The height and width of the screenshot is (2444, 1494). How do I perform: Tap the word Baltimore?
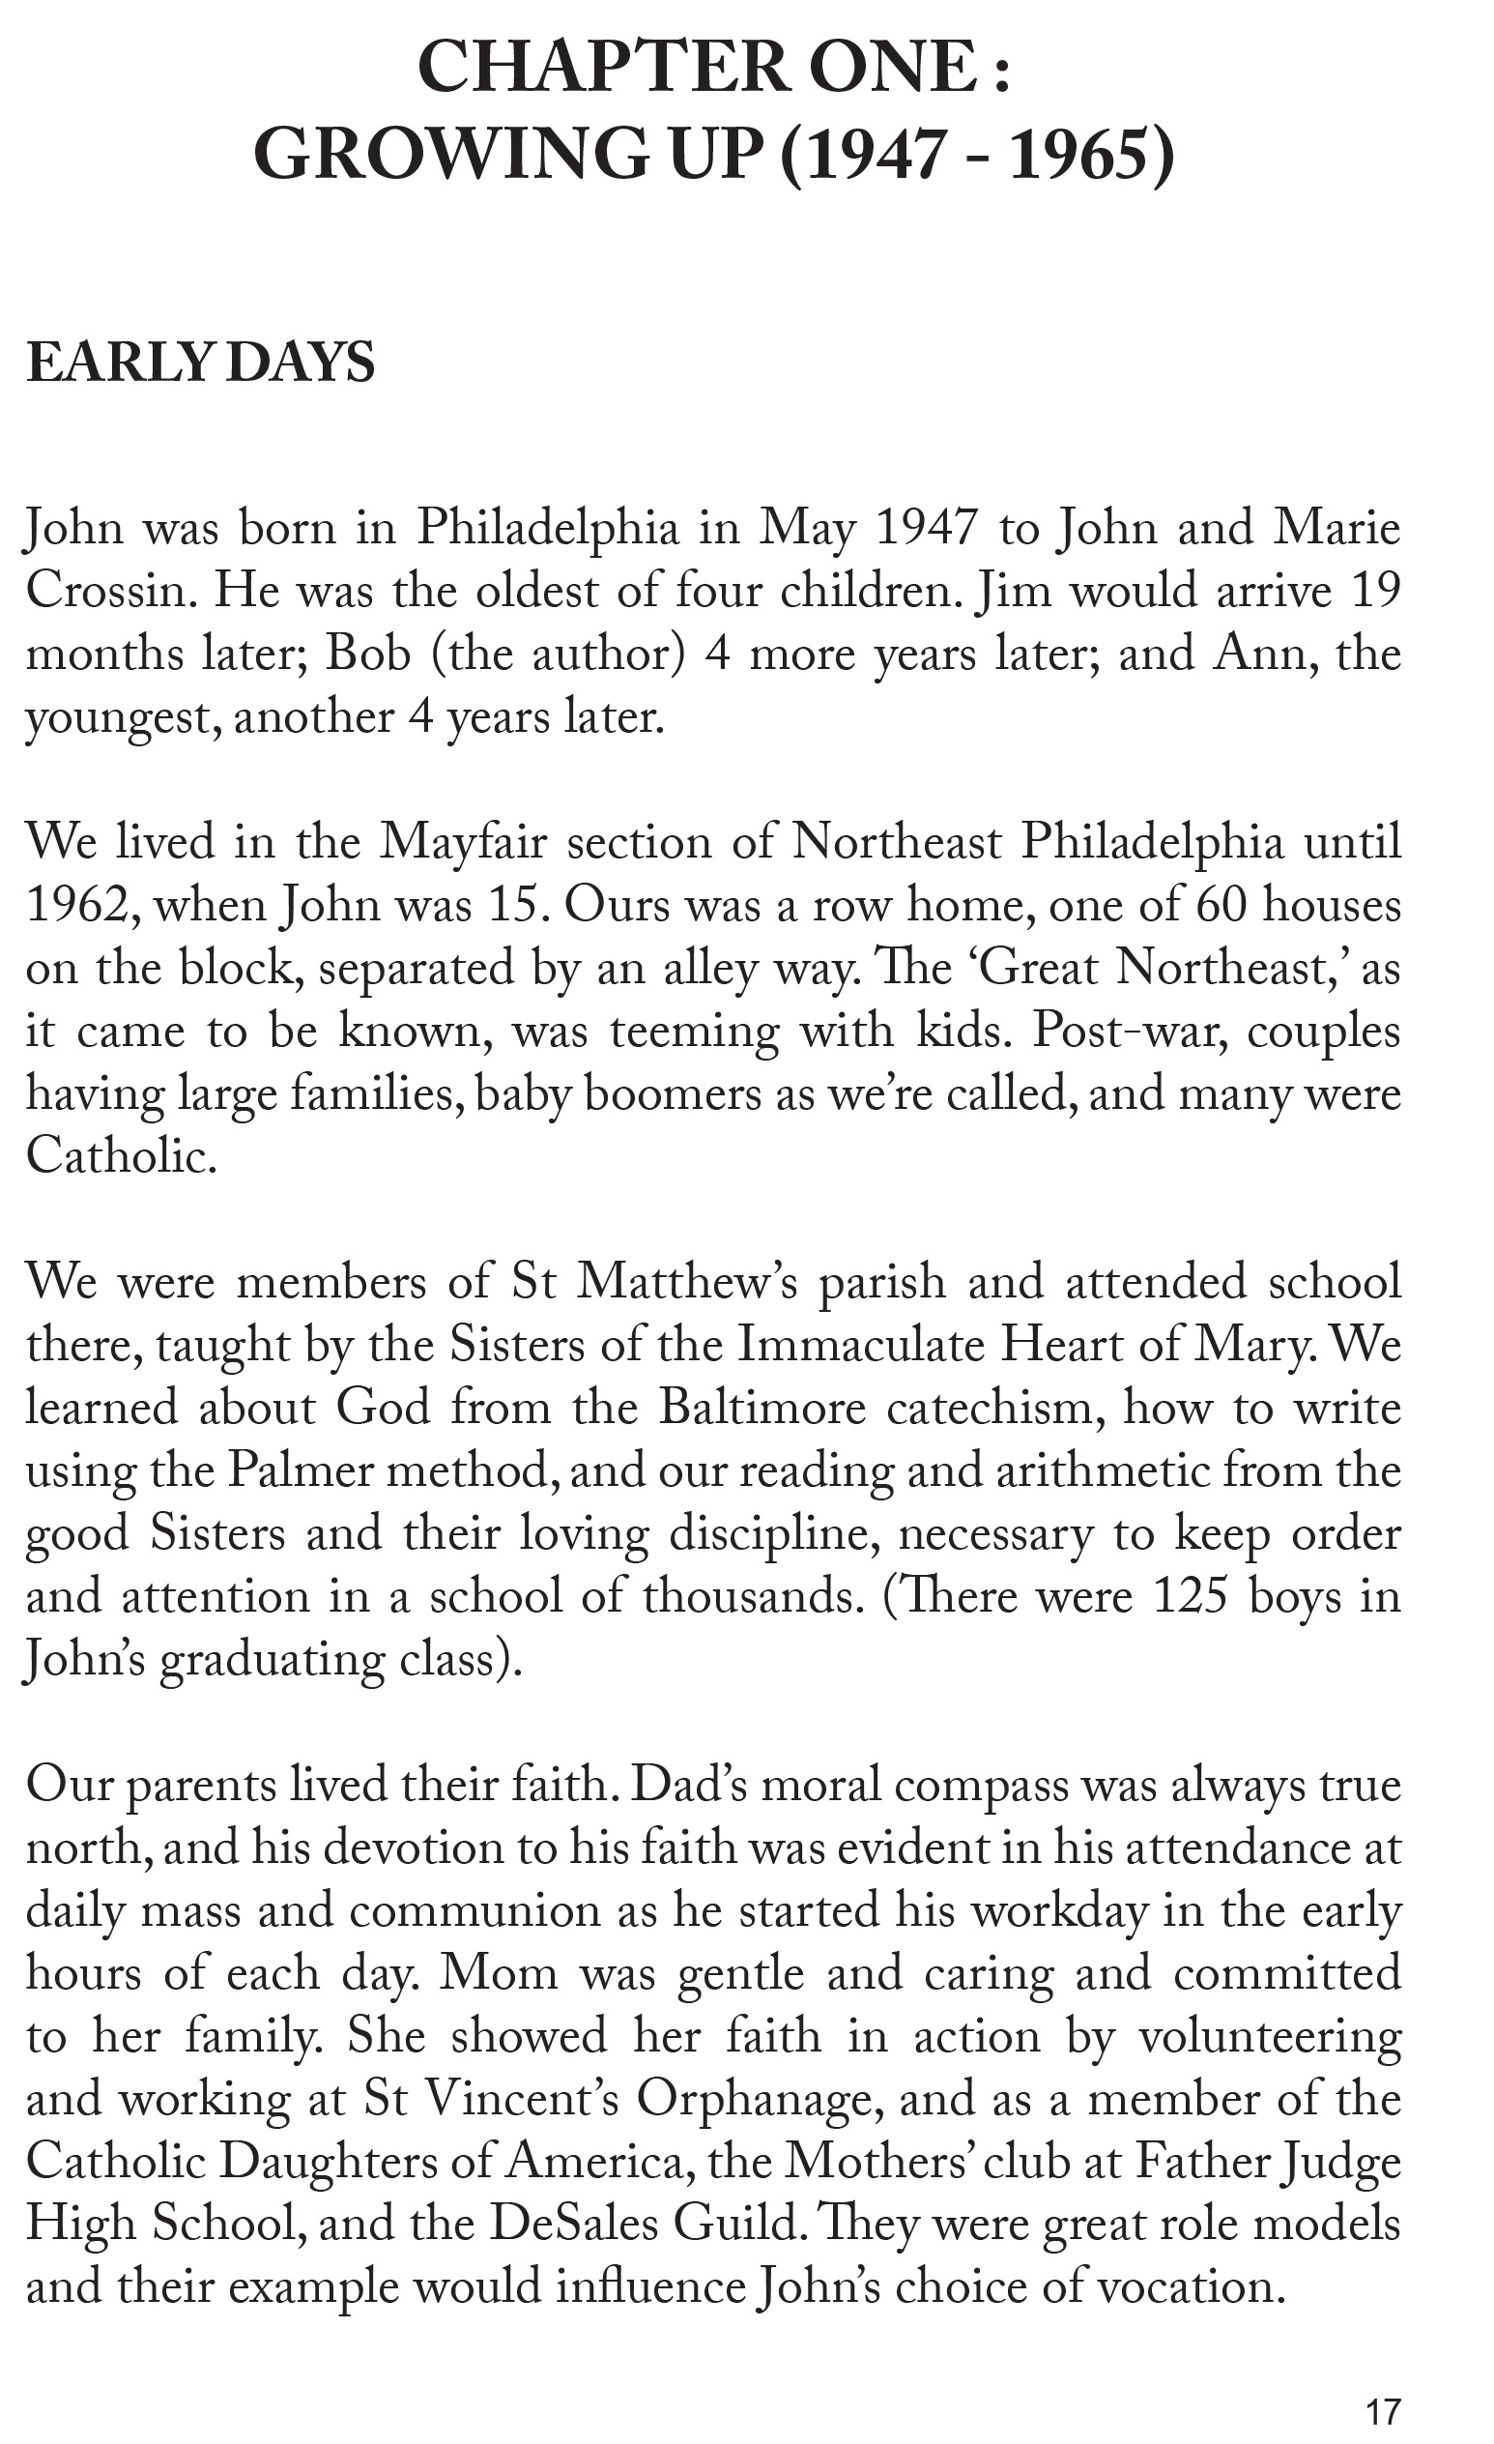pos(762,1409)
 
